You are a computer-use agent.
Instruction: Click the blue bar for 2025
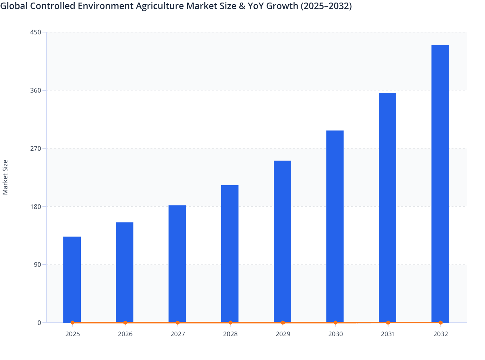(72, 279)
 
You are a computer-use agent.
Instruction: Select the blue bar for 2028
(230, 254)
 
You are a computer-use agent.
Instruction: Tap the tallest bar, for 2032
(440, 184)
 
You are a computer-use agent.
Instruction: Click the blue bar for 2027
(177, 264)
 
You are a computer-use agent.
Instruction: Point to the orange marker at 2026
(125, 322)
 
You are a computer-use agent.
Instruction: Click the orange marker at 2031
(388, 322)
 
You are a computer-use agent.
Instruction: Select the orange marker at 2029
(283, 322)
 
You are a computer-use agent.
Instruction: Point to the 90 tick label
(38, 265)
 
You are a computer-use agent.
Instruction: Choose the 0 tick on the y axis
(39, 323)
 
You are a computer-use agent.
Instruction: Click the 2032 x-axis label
(440, 334)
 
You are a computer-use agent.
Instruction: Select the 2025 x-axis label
(72, 334)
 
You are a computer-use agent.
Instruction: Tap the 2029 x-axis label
(283, 334)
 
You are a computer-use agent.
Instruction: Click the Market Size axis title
(5, 177)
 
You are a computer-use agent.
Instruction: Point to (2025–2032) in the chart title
(326, 6)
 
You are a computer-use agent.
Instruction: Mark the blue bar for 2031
(388, 208)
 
